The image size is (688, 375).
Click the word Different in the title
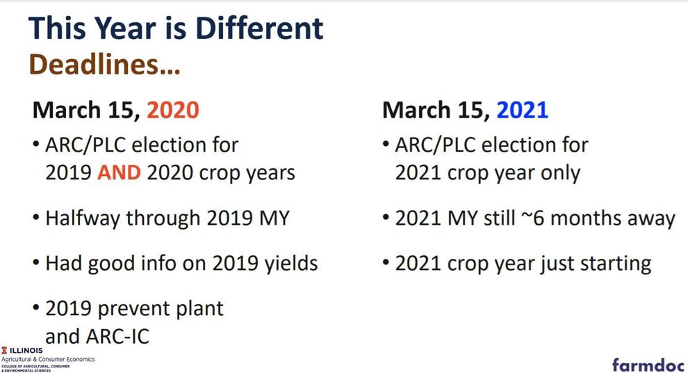pyautogui.click(x=259, y=28)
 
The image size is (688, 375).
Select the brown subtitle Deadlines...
pyautogui.click(x=104, y=64)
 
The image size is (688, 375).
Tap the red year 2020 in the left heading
pyautogui.click(x=173, y=110)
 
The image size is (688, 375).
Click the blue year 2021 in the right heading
pyautogui.click(x=522, y=110)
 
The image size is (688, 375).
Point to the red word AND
pyautogui.click(x=119, y=173)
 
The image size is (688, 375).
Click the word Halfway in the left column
pyautogui.click(x=83, y=218)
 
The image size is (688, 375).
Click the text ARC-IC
pyautogui.click(x=117, y=337)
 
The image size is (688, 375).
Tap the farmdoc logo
pyautogui.click(x=648, y=365)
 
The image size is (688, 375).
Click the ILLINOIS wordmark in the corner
pyautogui.click(x=22, y=351)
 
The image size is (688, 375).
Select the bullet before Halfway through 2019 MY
pyautogui.click(x=36, y=217)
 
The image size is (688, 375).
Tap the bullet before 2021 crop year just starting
pyautogui.click(x=386, y=262)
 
